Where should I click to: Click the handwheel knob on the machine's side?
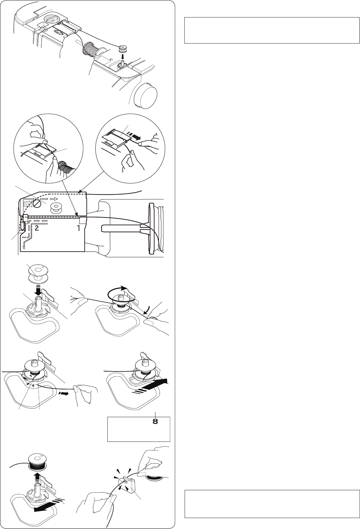tap(144, 95)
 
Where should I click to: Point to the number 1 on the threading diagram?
tap(79, 228)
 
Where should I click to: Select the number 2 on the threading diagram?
tap(37, 228)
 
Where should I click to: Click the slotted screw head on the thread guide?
tap(37, 203)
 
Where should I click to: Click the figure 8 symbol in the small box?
tap(155, 422)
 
